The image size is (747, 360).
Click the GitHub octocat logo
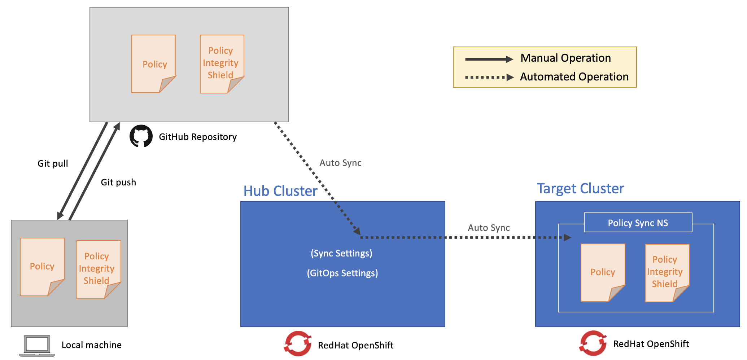[x=141, y=136]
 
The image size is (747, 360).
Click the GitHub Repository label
[x=197, y=137]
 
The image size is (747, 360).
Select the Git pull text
[x=53, y=164]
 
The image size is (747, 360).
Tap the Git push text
[x=118, y=183]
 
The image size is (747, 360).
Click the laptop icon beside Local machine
[x=37, y=345]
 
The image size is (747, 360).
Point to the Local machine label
[x=91, y=345]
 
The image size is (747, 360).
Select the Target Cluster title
[x=580, y=189]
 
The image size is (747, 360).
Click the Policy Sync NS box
[x=638, y=223]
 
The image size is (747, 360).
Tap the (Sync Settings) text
[x=341, y=253]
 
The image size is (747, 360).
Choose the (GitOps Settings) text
[x=342, y=273]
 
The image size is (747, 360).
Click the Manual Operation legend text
[x=565, y=58]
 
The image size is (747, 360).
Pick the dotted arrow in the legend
[x=489, y=77]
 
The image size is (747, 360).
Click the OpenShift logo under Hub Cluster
[x=298, y=344]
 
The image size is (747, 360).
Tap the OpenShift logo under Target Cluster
[x=593, y=343]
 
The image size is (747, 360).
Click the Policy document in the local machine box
[x=42, y=267]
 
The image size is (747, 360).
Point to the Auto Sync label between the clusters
[x=489, y=228]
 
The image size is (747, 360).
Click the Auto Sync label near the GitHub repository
[x=340, y=163]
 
